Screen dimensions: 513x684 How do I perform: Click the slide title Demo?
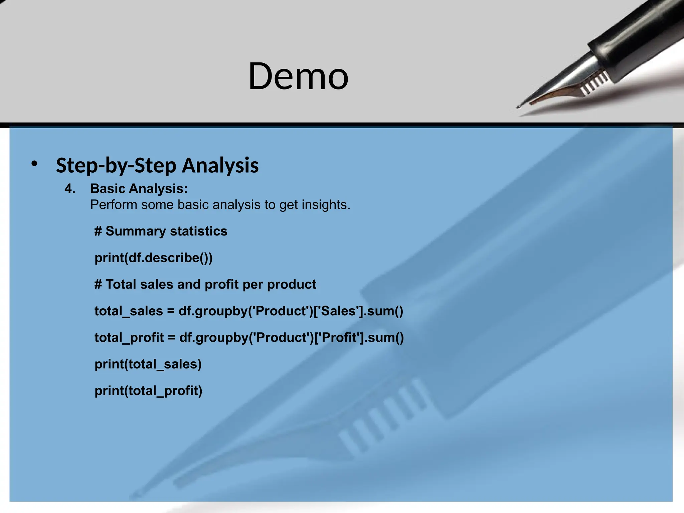[x=298, y=76]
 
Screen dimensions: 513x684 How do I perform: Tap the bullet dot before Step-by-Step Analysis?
[x=34, y=164]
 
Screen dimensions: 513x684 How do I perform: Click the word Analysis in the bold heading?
[x=220, y=165]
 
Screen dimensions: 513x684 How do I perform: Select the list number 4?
[x=70, y=189]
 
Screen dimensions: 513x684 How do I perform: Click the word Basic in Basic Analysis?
[x=107, y=189]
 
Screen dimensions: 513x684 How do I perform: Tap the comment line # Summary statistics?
[x=161, y=231]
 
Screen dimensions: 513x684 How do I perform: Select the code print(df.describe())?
[x=154, y=258]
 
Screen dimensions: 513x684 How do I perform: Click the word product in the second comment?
[x=291, y=285]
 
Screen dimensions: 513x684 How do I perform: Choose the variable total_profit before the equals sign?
[x=129, y=338]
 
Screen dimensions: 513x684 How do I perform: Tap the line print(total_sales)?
[x=148, y=364]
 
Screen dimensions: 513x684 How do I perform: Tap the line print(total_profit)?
[x=148, y=391]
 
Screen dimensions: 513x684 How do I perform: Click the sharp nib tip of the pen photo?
[x=518, y=107]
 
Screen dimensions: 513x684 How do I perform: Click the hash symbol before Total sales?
[x=98, y=285]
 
